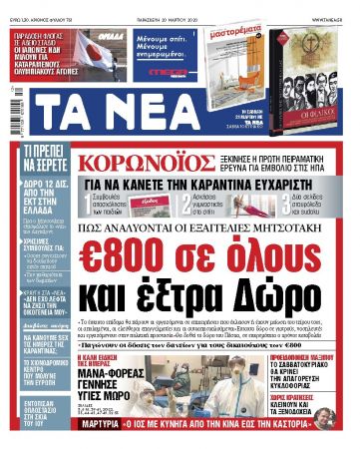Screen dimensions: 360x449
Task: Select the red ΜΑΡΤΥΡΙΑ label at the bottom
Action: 101,436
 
